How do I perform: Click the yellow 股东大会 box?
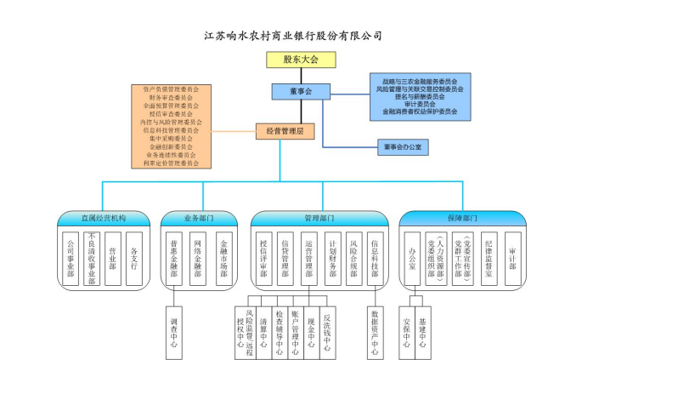coord(301,60)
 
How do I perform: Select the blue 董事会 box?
coord(301,91)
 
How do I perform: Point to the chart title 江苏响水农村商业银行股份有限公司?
coord(293,36)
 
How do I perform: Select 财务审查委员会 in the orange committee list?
coord(171,98)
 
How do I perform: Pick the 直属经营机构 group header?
coord(104,219)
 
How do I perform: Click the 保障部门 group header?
coord(462,219)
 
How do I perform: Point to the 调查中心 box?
coord(174,333)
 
